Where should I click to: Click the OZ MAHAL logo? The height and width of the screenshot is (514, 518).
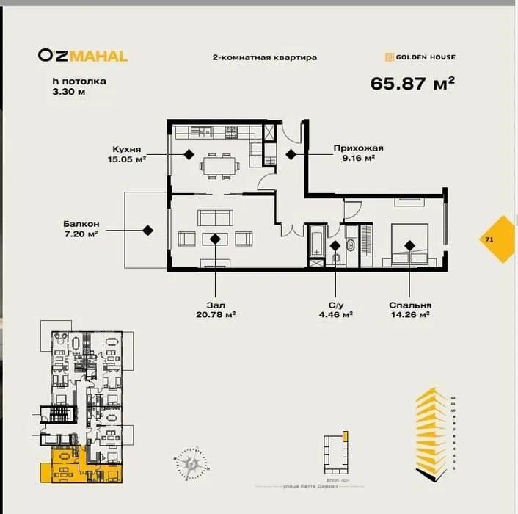83,56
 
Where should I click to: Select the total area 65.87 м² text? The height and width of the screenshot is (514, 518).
412,83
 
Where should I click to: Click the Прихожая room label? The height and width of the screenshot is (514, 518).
358,148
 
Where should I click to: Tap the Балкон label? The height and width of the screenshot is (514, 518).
81,224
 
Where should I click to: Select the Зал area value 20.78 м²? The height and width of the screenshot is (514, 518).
215,314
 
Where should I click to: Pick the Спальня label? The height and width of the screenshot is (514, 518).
410,304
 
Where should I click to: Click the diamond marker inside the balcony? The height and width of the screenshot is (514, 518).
147,230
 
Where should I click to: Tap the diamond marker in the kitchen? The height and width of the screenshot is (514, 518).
189,154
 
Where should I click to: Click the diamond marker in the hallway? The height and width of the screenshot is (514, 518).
291,154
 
